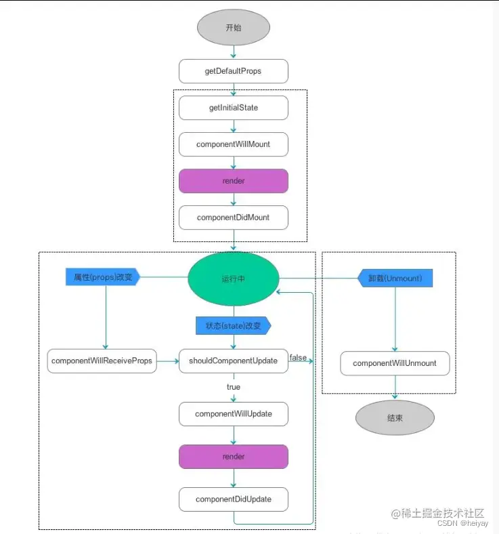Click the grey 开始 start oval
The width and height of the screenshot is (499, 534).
[233, 28]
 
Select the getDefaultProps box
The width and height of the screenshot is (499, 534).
[233, 71]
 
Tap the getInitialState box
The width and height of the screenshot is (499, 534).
[233, 108]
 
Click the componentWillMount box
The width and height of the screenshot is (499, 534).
[233, 144]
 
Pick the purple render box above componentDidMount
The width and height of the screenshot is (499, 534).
[233, 181]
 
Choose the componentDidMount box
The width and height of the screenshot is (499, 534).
[233, 218]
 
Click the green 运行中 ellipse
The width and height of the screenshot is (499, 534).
[233, 278]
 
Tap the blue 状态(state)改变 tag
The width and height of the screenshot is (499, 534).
[233, 326]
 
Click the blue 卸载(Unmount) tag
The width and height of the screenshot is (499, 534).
[394, 278]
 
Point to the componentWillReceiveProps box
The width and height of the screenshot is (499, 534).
[102, 361]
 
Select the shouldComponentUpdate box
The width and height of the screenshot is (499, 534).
[233, 361]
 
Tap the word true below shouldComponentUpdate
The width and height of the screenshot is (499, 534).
[233, 387]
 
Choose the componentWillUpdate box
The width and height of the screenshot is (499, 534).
[233, 413]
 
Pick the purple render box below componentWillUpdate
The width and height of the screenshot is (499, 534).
[233, 457]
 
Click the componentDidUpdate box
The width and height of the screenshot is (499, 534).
[233, 499]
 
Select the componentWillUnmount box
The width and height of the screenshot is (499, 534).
[395, 363]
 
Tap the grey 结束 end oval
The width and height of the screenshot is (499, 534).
[395, 418]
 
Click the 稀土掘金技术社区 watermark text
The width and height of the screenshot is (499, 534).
[444, 513]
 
